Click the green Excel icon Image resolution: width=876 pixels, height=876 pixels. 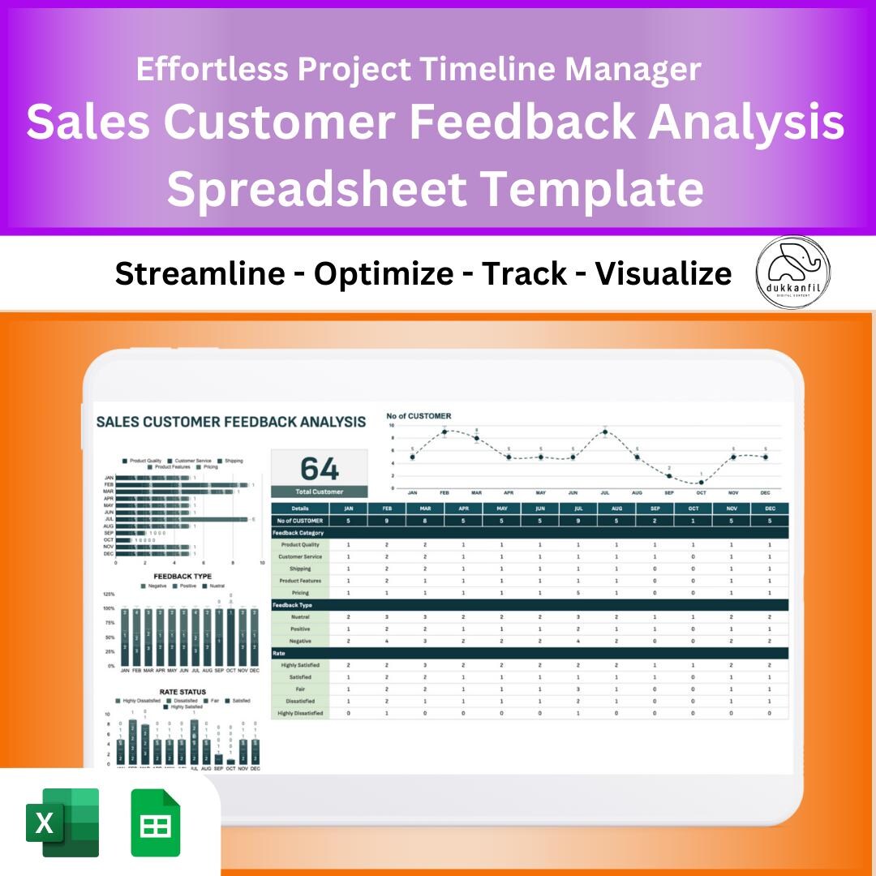(62, 822)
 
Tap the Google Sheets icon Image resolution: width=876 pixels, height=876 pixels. (156, 822)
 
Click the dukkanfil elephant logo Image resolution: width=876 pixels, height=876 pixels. (792, 272)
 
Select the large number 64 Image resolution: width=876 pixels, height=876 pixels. (319, 469)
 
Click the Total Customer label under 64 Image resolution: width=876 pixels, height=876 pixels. (319, 492)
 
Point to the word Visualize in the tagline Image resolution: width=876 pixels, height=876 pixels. (663, 274)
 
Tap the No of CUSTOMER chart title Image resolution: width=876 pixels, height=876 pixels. (419, 416)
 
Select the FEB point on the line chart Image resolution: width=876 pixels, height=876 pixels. (444, 432)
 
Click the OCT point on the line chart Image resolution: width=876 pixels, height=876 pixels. (701, 483)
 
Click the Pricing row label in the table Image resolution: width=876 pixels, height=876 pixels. (300, 593)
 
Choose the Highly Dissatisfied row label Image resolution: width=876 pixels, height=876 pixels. (300, 713)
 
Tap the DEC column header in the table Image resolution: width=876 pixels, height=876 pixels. (769, 509)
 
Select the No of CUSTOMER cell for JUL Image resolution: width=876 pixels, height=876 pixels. (578, 521)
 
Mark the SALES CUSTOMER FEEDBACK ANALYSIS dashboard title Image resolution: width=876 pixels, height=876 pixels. (231, 422)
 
